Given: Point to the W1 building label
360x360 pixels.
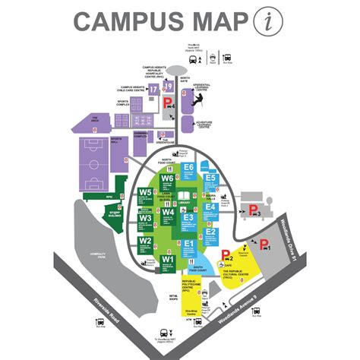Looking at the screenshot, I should coord(168,260).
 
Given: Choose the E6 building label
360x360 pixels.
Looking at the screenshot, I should coord(188,167).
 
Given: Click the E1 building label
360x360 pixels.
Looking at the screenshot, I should coord(188,244).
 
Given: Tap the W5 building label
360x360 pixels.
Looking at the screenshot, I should coord(146,192).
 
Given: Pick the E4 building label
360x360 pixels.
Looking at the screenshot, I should coord(210,206).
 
